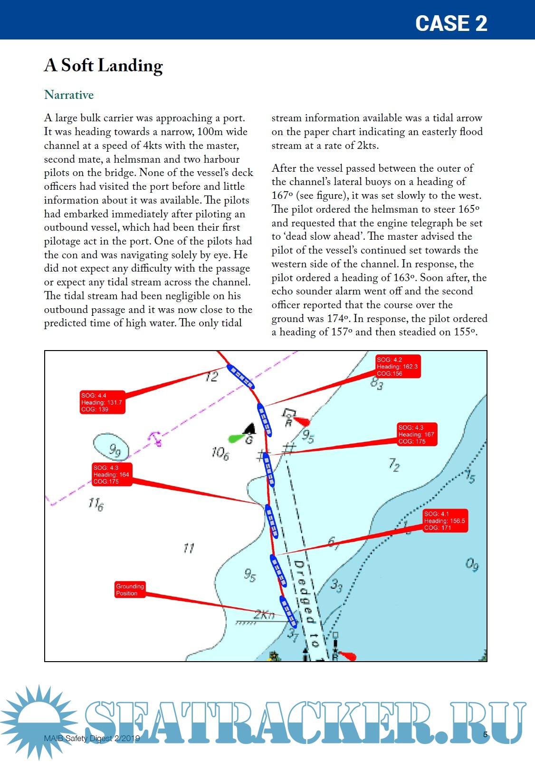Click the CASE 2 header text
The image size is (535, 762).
[x=451, y=23]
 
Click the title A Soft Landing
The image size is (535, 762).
[x=104, y=66]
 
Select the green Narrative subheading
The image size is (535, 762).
[x=69, y=95]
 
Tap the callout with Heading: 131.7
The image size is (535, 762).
[x=102, y=402]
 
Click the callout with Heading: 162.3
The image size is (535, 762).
[x=398, y=367]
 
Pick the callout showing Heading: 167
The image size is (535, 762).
[x=417, y=434]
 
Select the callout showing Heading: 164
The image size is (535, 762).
[x=112, y=475]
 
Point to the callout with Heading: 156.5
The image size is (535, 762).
[x=445, y=521]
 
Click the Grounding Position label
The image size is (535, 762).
[x=130, y=590]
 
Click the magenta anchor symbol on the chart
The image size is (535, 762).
[x=155, y=438]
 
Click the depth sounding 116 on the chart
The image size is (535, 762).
[x=96, y=504]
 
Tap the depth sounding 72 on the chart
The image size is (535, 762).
[x=394, y=464]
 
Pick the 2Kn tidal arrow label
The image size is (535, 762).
[x=264, y=615]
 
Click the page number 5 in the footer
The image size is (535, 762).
[x=485, y=734]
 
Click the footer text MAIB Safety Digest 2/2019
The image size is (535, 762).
[x=92, y=738]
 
